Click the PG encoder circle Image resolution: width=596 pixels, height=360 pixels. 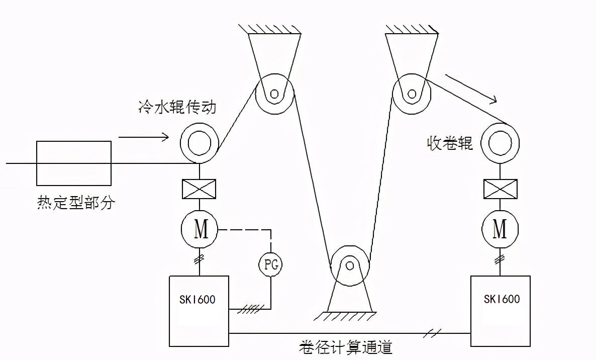[270, 263]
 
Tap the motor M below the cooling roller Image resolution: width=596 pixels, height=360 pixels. [200, 230]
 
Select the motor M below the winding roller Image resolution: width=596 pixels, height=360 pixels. [500, 229]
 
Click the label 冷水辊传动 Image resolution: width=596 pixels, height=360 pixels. [177, 107]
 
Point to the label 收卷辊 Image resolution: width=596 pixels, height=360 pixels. [450, 143]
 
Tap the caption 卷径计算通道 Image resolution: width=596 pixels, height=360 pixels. [345, 347]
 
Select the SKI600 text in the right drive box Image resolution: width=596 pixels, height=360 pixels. [502, 299]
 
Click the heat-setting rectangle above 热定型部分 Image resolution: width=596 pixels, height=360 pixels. [74, 163]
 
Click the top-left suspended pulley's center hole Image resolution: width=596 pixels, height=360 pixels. [274, 94]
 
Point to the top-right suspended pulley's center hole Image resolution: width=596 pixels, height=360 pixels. [412, 94]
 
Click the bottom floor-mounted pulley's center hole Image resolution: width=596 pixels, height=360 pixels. [349, 264]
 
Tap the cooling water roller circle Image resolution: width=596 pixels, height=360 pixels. [200, 143]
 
